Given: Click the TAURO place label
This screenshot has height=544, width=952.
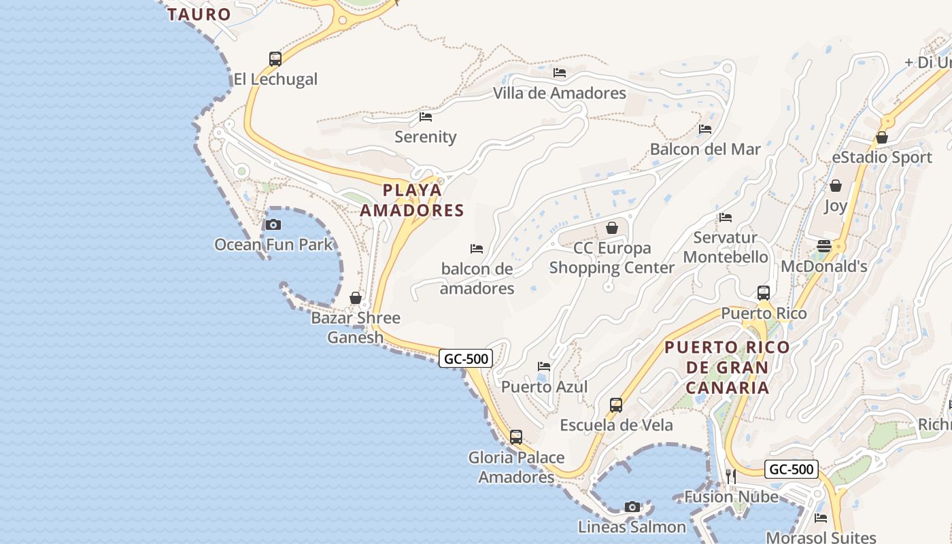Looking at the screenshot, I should [x=199, y=14].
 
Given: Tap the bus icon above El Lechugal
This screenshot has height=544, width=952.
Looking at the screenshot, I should [x=275, y=59].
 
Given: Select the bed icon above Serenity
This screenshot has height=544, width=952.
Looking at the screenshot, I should [x=426, y=117].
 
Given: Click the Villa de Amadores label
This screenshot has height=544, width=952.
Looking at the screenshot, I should [x=559, y=93].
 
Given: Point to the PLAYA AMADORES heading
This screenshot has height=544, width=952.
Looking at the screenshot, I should [x=411, y=200].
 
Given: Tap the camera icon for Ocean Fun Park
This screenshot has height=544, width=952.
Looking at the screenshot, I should [x=273, y=225].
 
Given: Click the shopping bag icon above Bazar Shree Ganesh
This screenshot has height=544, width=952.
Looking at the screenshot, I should [x=355, y=298].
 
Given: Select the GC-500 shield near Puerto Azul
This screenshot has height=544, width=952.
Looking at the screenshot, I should [x=466, y=358].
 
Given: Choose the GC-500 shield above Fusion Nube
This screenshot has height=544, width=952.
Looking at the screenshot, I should [x=792, y=469].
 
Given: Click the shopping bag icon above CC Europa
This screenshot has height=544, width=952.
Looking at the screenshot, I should [x=612, y=228].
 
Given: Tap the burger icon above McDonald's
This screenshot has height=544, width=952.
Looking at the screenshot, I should [x=824, y=246].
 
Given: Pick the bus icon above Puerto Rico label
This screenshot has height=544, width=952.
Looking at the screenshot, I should [x=764, y=293].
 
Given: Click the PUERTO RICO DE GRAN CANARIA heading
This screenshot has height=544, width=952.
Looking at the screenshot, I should [x=727, y=367].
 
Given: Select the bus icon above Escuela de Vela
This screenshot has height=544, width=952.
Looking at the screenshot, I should [x=616, y=405].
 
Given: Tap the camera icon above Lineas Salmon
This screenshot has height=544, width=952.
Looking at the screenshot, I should [x=632, y=507].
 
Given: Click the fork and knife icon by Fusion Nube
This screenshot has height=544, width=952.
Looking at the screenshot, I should [x=731, y=477].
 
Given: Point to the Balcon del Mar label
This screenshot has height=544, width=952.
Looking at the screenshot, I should [x=705, y=149].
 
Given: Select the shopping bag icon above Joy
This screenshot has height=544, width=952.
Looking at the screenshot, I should [x=836, y=186].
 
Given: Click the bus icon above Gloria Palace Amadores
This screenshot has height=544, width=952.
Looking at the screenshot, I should [x=516, y=437].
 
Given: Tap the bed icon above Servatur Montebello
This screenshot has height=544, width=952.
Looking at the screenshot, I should [x=726, y=218].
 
